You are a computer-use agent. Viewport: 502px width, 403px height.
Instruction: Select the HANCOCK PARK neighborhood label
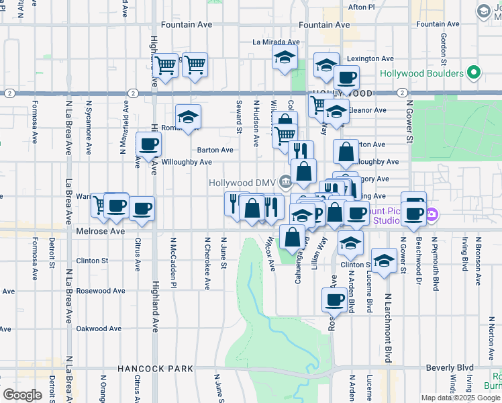[x=155, y=369]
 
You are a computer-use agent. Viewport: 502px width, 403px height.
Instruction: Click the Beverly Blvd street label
[x=450, y=369]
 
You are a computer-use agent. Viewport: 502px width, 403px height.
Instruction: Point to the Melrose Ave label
[x=99, y=231]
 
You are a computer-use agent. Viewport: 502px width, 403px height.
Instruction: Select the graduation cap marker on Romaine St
[x=189, y=116]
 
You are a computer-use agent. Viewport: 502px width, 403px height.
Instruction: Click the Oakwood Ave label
[x=98, y=329]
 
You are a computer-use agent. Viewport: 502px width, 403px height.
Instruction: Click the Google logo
[x=22, y=394]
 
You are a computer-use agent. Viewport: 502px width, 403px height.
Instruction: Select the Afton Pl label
[x=362, y=7]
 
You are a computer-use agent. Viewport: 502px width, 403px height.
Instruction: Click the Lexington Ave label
[x=370, y=59]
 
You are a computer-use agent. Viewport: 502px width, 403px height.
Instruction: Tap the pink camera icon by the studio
[x=432, y=216]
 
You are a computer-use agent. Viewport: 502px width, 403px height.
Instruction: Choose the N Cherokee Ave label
[x=207, y=263]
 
